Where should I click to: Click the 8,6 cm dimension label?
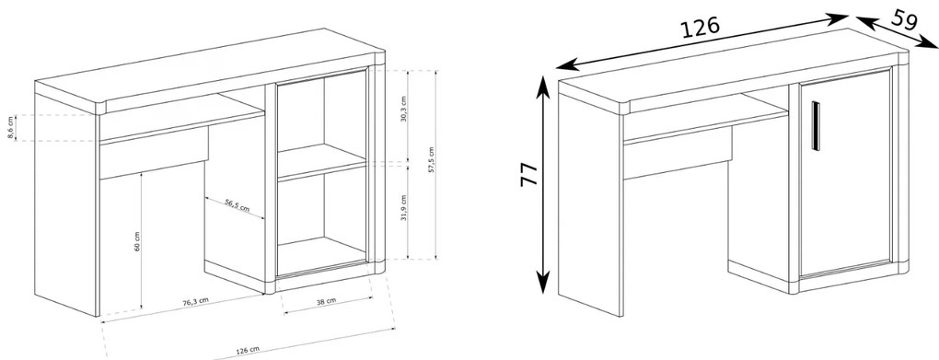point(10,128)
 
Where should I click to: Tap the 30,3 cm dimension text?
point(403,109)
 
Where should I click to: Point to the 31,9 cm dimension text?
point(403,207)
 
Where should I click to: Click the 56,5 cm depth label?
point(238,206)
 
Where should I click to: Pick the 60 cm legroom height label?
point(136,241)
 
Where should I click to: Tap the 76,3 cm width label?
point(196,301)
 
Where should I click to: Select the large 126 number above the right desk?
point(700,29)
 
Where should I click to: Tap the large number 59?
point(904,19)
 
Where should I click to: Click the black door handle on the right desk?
point(815,126)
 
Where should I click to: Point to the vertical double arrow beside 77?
point(542,184)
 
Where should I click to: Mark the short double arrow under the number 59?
point(897,31)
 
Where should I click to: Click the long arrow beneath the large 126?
point(702,41)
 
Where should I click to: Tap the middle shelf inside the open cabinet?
point(321,162)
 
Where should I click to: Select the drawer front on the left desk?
point(154,158)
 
